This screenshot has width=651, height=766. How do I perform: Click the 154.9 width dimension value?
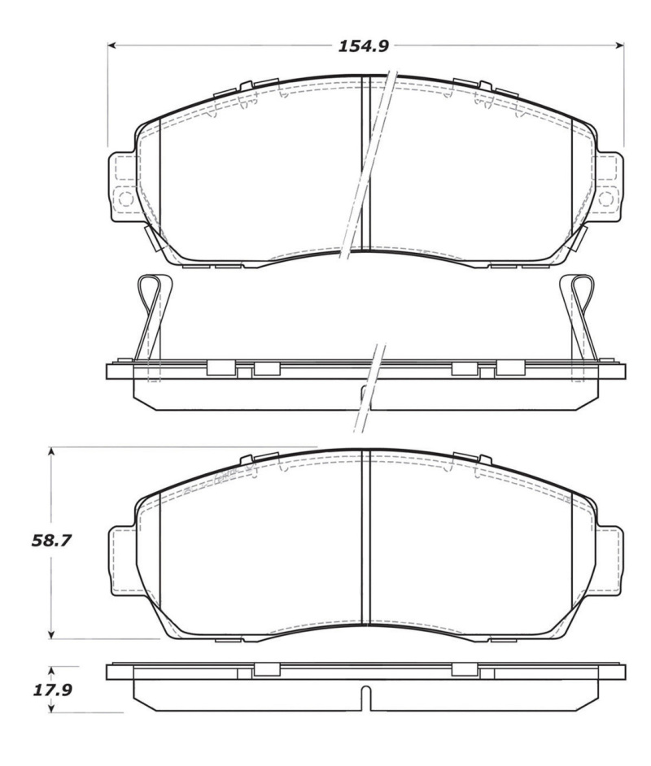coord(364,46)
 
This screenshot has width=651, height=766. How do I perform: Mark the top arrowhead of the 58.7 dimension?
coord(52,450)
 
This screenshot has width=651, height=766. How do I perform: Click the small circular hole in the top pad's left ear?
coord(125,197)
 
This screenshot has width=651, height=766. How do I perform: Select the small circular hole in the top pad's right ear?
coord(606,197)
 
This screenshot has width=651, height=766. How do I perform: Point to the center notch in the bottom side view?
coord(365,697)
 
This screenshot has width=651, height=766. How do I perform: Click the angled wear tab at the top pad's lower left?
coord(151,238)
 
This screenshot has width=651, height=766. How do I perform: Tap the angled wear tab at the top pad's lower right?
coord(580,238)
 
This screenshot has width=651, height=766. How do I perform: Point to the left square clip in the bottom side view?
coord(266,669)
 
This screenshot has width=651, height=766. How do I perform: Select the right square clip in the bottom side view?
coord(464,669)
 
